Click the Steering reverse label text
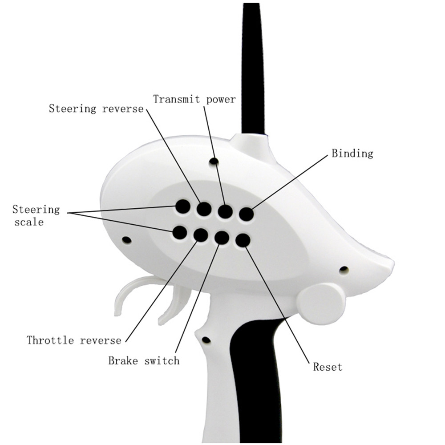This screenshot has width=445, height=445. click(x=96, y=109)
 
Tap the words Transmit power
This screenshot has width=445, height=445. click(x=194, y=99)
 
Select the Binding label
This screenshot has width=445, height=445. click(x=352, y=154)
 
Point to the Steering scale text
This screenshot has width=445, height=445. click(x=36, y=215)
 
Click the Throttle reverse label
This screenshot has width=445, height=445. click(x=74, y=340)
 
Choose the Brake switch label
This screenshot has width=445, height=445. click(x=144, y=360)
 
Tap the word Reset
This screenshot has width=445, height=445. click(x=328, y=367)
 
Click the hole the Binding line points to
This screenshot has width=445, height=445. click(x=246, y=214)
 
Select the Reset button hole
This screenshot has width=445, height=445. click(x=243, y=240)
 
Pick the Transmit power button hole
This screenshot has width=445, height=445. click(x=225, y=212)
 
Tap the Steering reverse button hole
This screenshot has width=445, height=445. click(x=204, y=209)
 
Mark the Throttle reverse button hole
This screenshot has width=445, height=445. click(x=201, y=235)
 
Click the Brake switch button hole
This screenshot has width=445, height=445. click(x=222, y=238)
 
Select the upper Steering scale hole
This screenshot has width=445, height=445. click(x=183, y=206)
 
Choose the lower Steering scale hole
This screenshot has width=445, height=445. click(x=179, y=232)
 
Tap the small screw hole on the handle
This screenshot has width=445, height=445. click(x=206, y=340)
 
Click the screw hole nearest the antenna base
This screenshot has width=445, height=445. click(x=214, y=161)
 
